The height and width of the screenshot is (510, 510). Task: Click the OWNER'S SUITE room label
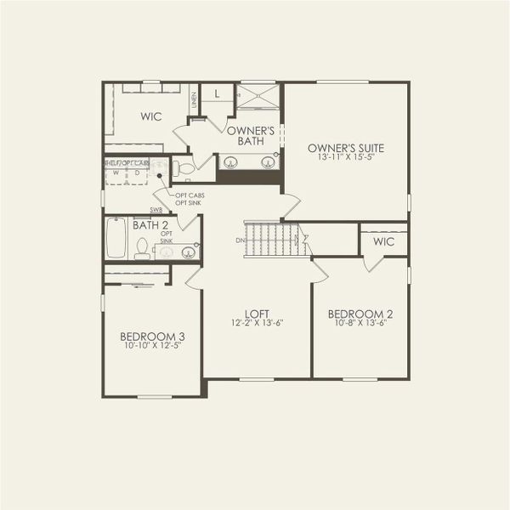tap(346, 147)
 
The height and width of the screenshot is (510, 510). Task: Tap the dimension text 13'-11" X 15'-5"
tap(346, 158)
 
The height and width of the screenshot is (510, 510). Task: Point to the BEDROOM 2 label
tap(360, 314)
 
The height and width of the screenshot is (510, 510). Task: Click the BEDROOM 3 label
tap(152, 336)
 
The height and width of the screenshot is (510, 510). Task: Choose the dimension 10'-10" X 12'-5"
tap(152, 346)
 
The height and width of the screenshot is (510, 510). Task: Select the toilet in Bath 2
tap(142, 247)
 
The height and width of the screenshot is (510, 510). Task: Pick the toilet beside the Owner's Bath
tap(185, 167)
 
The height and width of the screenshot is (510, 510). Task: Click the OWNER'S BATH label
tap(250, 136)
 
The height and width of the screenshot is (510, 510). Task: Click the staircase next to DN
tap(271, 239)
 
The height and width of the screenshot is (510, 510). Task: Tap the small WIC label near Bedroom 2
tap(382, 241)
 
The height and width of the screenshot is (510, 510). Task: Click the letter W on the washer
tap(116, 173)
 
